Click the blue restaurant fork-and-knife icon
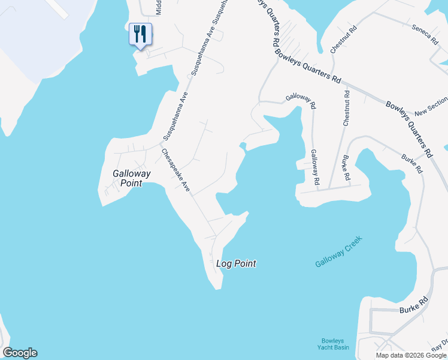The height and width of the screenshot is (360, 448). [x=140, y=34]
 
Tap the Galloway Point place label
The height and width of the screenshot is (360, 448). [x=131, y=178]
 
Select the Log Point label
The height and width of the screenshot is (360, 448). [x=236, y=263]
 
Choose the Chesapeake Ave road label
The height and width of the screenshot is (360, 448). [x=175, y=171]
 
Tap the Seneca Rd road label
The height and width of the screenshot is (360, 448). [x=425, y=35]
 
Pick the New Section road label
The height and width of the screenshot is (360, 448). [x=431, y=107]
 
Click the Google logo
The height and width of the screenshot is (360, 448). [x=20, y=353]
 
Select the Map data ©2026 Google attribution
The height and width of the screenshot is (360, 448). [x=410, y=355]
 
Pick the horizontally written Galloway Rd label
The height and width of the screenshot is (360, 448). [x=301, y=98]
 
